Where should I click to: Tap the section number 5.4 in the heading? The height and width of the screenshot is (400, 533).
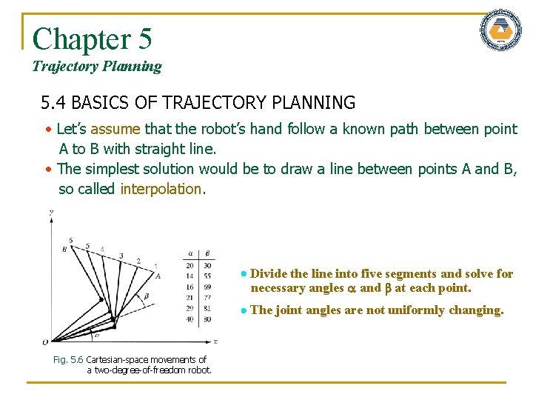pos(55,102)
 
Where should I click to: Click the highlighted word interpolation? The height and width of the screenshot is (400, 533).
pos(161,189)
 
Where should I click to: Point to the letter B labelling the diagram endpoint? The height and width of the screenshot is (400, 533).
pos(65,250)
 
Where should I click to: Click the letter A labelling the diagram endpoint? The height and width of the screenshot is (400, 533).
pos(158,275)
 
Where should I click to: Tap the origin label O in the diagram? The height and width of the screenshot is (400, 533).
pos(46,341)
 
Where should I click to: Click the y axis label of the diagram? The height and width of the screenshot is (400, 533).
pos(50,213)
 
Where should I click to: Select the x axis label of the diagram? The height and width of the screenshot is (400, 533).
pos(215,341)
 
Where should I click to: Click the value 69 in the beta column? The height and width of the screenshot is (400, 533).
pos(207,286)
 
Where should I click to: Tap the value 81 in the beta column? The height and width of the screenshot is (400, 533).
pos(207,308)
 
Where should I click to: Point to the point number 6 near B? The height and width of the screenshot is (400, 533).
pos(70,240)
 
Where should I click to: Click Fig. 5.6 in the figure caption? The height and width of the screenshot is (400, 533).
pos(68,360)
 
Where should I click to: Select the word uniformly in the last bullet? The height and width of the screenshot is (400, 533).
pos(406,310)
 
